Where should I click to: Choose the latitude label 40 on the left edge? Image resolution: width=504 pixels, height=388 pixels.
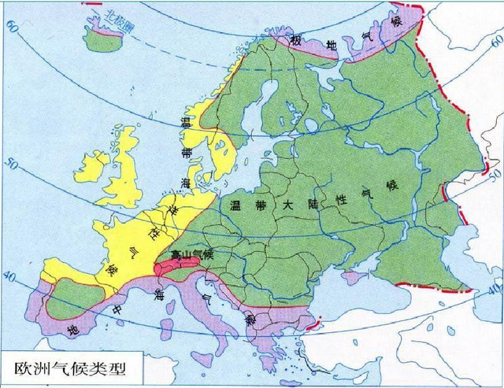[9, 277]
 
